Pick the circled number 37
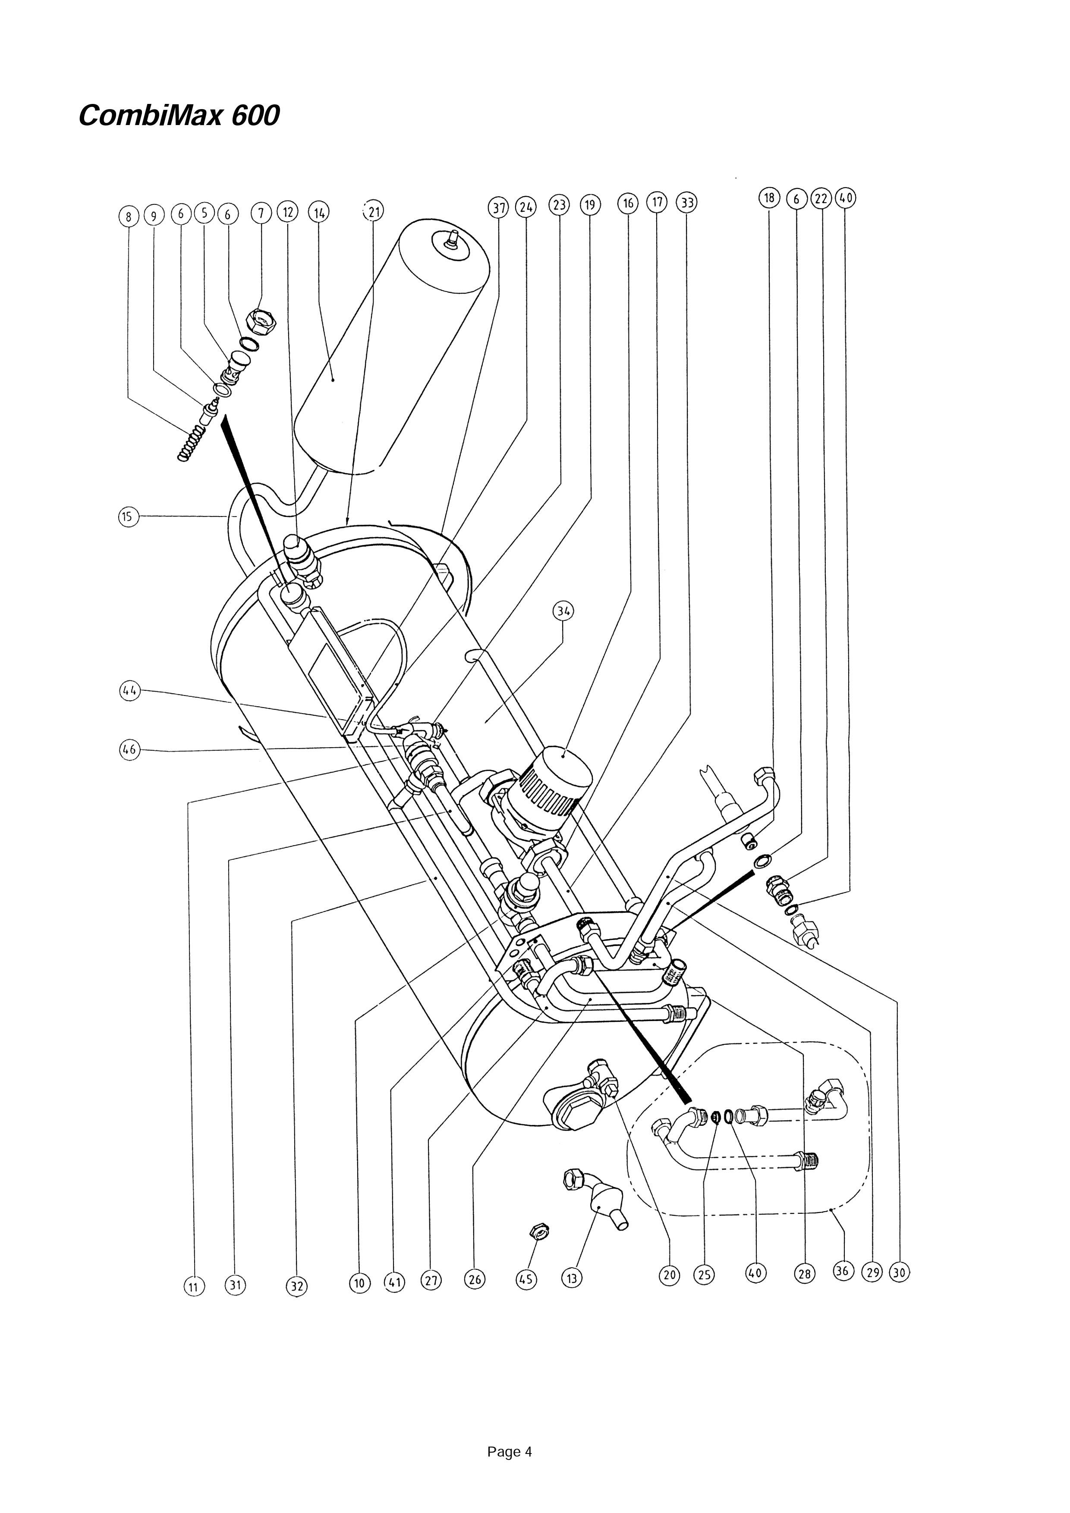[498, 207]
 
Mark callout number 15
[129, 516]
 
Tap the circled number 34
[563, 611]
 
